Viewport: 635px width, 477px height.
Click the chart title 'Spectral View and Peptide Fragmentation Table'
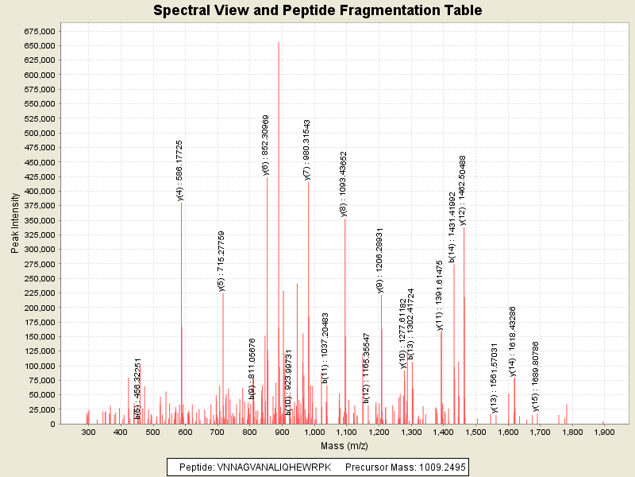(317, 10)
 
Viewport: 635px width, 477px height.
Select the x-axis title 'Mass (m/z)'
(343, 446)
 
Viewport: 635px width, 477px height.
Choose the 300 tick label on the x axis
(88, 432)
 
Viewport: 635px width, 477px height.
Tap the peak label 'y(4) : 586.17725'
(181, 170)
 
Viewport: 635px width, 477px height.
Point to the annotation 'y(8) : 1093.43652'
(344, 184)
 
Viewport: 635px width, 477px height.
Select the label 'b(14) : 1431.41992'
(452, 227)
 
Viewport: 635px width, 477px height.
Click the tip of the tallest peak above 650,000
(279, 42)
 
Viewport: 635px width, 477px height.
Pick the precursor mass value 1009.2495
(433, 467)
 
